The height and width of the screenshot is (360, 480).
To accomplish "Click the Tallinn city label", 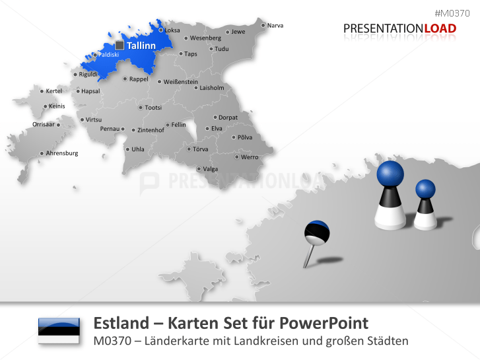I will pos(141,46).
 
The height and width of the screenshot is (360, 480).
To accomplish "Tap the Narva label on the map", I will pos(275,26).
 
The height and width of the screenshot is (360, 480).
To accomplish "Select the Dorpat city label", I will pos(228,118).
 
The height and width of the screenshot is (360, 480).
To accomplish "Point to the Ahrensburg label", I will pos(62,153).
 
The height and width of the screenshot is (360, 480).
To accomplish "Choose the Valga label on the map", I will pos(210,169).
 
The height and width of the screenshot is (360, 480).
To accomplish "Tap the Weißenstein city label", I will pos(180,82).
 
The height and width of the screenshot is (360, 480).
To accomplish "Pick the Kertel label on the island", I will pos(53,91).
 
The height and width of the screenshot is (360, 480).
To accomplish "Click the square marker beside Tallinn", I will pos(119,45).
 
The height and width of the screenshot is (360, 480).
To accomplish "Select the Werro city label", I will pos(250,157).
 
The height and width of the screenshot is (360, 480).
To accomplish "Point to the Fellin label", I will pos(178,124).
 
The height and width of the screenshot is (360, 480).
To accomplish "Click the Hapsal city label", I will pos(90,91).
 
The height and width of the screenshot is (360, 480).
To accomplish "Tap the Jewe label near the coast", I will pos(238,32).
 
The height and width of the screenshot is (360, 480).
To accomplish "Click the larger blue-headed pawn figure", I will pos(390,195).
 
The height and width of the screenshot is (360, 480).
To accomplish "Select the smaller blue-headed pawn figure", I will pos(425,205).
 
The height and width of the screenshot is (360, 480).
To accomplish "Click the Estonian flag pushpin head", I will pos(317,233).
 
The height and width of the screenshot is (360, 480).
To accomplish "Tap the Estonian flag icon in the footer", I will pos(59,330).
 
